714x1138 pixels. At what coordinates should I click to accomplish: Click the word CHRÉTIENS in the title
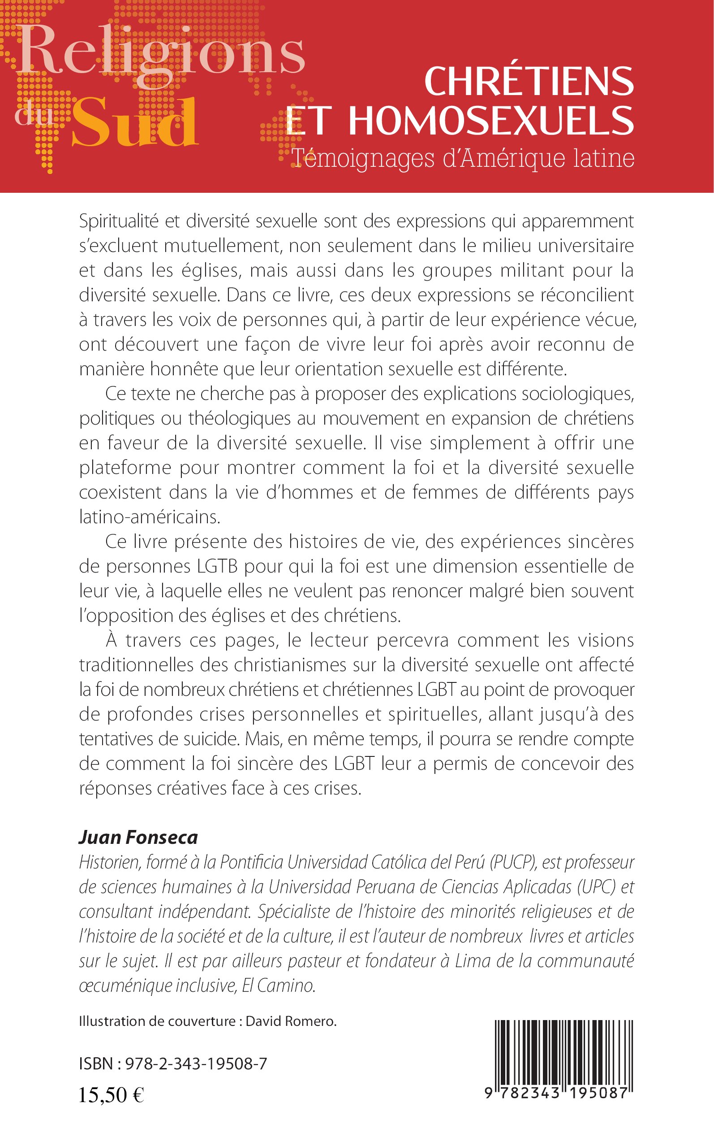click(x=529, y=81)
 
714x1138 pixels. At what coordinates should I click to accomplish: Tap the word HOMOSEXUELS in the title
click(x=491, y=121)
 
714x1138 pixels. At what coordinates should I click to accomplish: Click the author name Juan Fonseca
click(x=138, y=838)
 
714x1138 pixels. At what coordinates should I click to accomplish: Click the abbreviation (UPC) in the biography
click(x=598, y=887)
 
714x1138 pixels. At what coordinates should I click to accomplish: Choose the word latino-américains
click(x=150, y=517)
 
